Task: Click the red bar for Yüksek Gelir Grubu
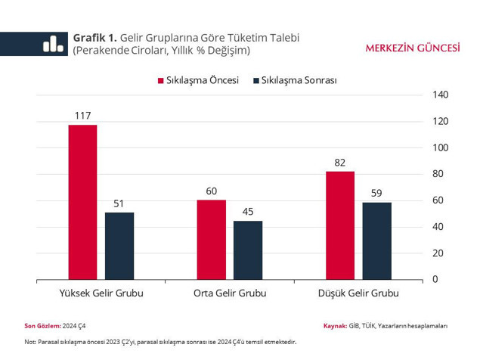coord(82,202)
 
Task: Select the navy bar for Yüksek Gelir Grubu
coord(119,246)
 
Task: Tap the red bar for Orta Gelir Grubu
coord(211,240)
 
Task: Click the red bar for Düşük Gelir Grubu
coord(340,225)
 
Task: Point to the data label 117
coord(82,116)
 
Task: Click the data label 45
coord(248,212)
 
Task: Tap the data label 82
coord(340,163)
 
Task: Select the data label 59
coord(376,193)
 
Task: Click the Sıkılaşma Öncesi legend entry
coord(197,80)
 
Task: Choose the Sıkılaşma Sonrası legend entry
coord(295,80)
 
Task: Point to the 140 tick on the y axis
coord(441,95)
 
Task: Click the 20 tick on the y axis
coord(438,253)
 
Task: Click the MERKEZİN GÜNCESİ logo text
coord(413,47)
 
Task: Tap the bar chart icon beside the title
coord(53,44)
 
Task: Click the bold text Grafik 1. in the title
coord(94,38)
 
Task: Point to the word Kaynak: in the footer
coord(335,326)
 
